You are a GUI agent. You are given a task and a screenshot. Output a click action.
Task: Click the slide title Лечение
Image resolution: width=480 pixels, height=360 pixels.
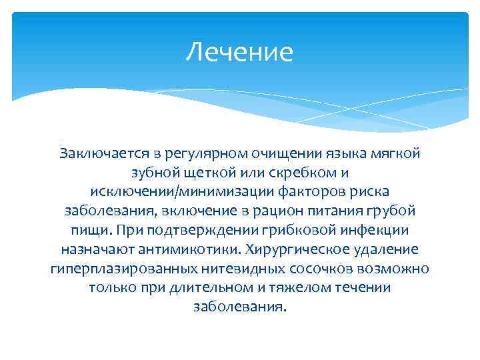pyautogui.click(x=239, y=52)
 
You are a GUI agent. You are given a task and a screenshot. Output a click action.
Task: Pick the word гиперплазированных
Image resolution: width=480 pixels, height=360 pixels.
pyautogui.click(x=123, y=269)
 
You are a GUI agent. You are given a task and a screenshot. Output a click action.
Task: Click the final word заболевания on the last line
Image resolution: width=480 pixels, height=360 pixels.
pyautogui.click(x=239, y=308)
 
